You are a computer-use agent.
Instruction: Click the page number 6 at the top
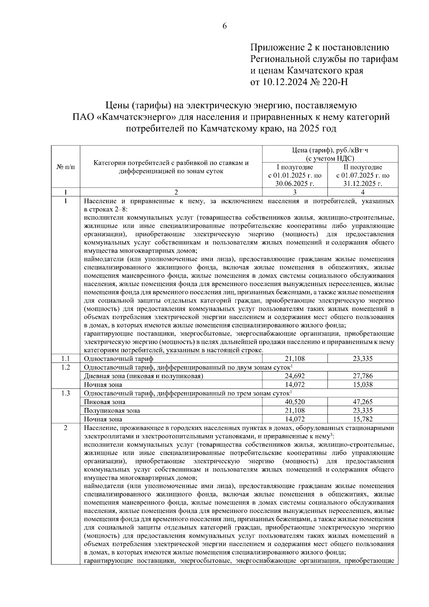tap(225, 26)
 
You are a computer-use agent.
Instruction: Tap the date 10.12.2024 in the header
tap(285, 83)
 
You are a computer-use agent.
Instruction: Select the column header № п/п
tap(66, 167)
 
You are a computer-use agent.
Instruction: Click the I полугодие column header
tap(295, 167)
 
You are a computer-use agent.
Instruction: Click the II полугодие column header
tap(363, 167)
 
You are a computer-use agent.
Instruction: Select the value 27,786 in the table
tap(363, 376)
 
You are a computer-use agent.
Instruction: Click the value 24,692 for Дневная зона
tap(295, 376)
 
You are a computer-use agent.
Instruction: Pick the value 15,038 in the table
tap(363, 385)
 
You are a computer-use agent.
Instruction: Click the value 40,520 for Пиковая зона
tap(295, 402)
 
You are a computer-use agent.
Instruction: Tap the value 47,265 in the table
tap(363, 402)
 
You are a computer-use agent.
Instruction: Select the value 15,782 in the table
tap(363, 419)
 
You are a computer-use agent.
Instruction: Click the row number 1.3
tap(66, 393)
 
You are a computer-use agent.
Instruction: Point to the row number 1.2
tap(66, 367)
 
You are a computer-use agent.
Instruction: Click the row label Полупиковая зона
tap(112, 410)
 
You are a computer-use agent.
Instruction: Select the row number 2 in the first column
tap(66, 428)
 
